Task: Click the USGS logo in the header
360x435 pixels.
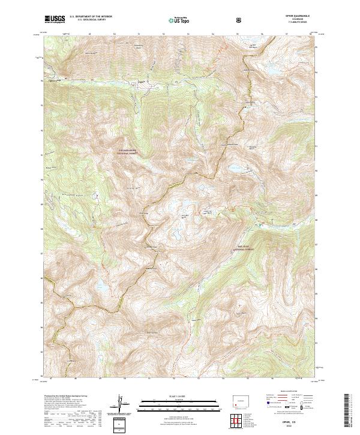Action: tap(55, 20)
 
